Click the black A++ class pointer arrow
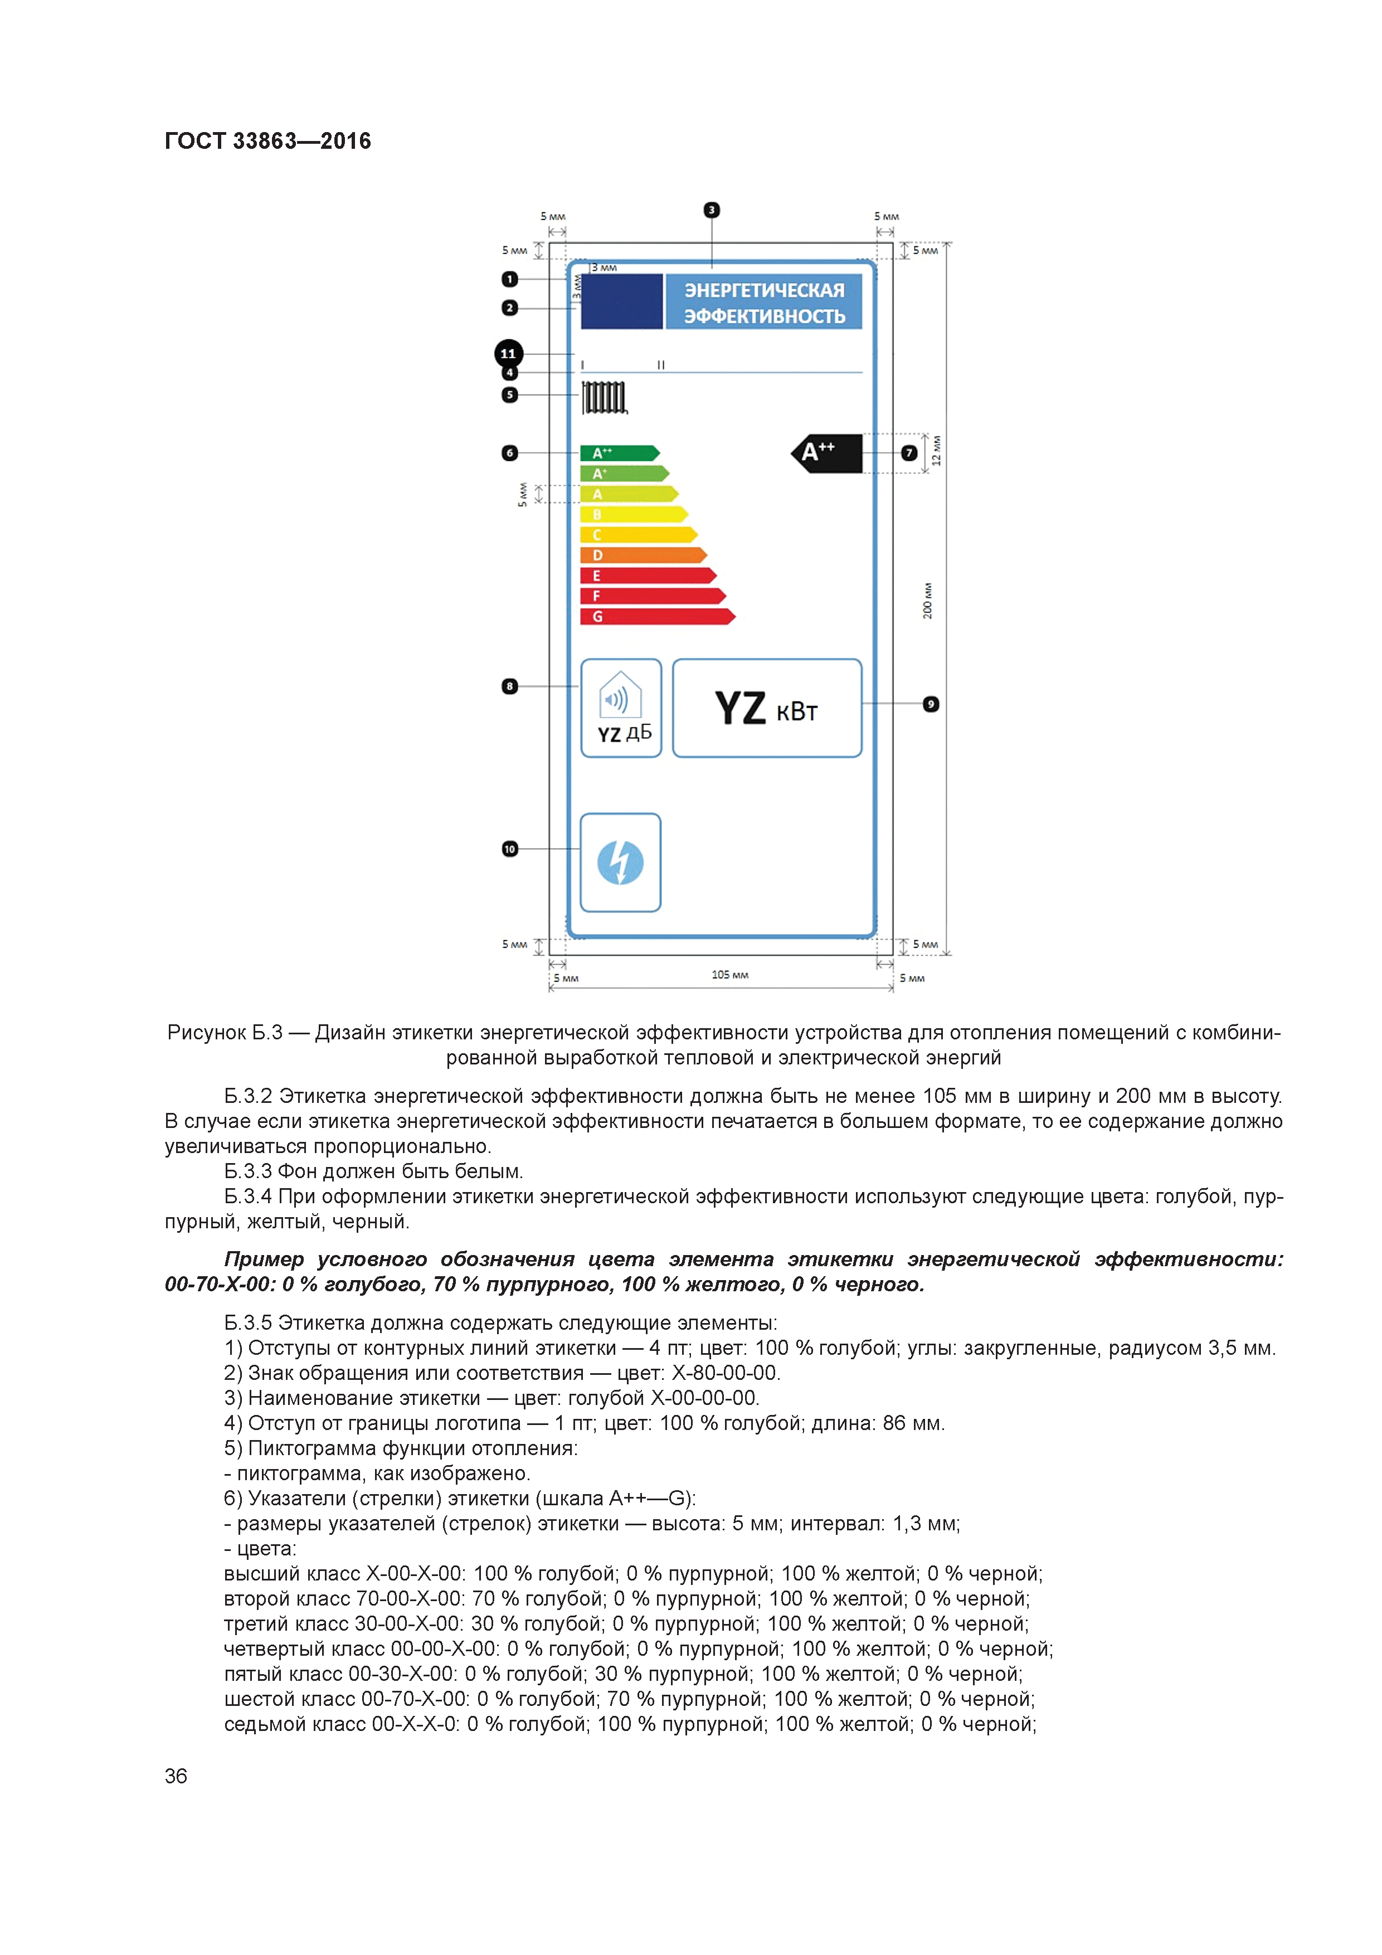[x=828, y=453]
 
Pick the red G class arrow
[x=656, y=616]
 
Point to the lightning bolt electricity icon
[x=620, y=863]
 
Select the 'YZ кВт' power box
[x=766, y=708]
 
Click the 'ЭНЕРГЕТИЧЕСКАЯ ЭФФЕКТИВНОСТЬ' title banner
[x=764, y=302]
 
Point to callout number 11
[x=508, y=353]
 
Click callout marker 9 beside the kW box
[x=931, y=704]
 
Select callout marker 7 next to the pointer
[x=908, y=453]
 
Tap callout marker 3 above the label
[x=712, y=210]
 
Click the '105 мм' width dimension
[x=730, y=975]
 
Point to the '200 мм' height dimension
[x=927, y=600]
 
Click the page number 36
[x=176, y=1776]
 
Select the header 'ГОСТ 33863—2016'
[x=267, y=142]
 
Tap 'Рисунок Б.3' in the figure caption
[x=225, y=1033]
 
